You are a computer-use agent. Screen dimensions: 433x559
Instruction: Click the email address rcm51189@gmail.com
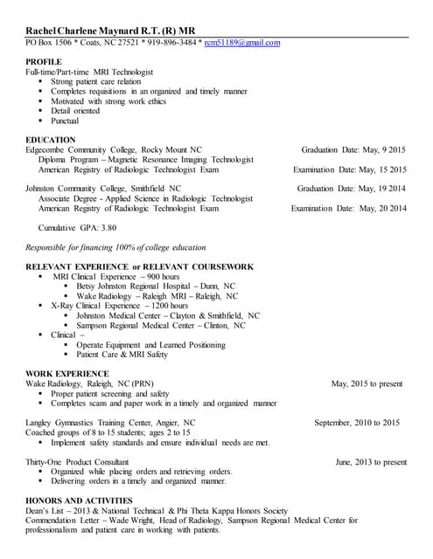[x=242, y=43]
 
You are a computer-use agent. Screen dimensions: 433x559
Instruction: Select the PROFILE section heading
[x=44, y=62]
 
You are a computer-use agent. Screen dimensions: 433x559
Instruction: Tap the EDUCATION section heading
[x=51, y=140]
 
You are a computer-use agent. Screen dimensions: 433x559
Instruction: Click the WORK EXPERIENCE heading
[x=67, y=373]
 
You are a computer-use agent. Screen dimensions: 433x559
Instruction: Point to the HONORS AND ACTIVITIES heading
[x=79, y=500]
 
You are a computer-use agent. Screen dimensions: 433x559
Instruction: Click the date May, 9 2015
[x=378, y=149]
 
